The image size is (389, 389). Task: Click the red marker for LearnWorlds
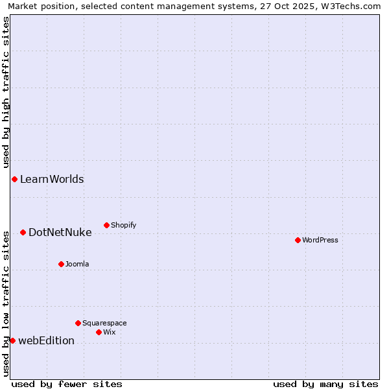pos(14,179)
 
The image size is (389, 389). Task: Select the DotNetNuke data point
pos(23,232)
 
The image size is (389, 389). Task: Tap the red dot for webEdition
pos(12,340)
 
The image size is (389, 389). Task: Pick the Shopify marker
pos(106,225)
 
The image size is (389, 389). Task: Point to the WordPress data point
pos(298,240)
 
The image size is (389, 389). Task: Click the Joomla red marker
pos(61,264)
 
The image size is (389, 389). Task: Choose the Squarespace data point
pos(78,323)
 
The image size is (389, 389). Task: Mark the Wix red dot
pos(99,332)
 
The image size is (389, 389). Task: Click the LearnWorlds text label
pos(52,180)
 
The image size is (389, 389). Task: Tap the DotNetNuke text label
pos(60,232)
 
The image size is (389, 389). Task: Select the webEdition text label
pos(46,341)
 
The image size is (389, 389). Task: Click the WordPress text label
pos(320,241)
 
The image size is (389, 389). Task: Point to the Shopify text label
pos(123,226)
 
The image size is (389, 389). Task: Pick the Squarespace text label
pos(104,323)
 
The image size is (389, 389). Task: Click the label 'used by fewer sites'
pos(67,384)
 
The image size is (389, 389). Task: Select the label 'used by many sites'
pos(325,384)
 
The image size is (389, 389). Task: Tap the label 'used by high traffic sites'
pos(6,92)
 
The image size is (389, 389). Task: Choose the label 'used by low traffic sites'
pos(6,303)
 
